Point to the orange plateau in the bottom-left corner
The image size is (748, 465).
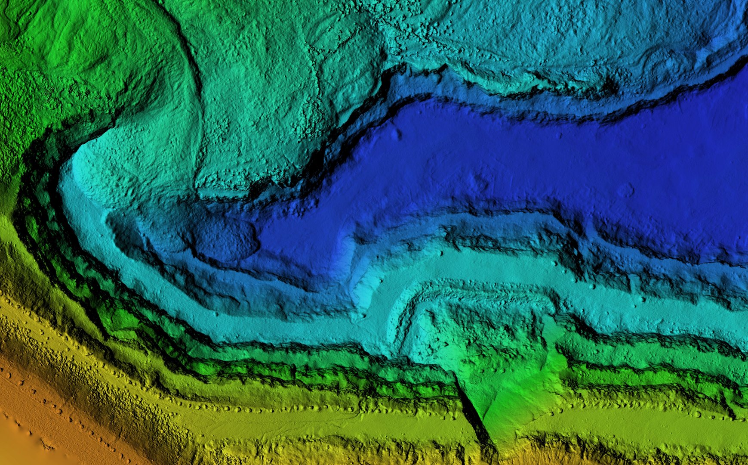[x=30, y=413]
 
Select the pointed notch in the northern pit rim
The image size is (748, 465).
[x=443, y=69]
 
